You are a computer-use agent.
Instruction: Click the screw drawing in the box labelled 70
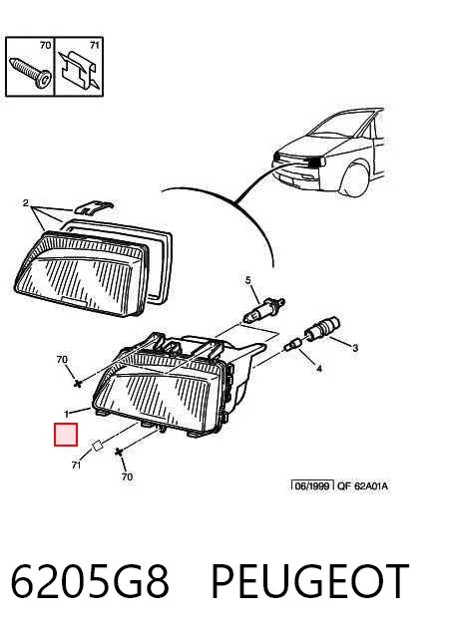[x=31, y=72]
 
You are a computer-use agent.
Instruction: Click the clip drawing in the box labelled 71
[x=80, y=69]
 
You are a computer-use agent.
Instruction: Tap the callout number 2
[x=26, y=203]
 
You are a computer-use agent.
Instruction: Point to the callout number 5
[x=248, y=280]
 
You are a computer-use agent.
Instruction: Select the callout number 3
[x=355, y=348]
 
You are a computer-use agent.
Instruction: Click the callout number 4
[x=319, y=369]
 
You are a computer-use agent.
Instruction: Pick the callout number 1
[x=67, y=414]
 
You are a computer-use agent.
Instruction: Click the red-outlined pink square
[x=66, y=435]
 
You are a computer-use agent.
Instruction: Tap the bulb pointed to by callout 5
[x=263, y=310]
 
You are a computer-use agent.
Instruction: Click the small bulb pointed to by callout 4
[x=292, y=345]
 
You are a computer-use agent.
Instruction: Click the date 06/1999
[x=312, y=485]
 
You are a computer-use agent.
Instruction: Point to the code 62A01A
[x=371, y=485]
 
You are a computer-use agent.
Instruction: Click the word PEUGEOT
[x=309, y=581]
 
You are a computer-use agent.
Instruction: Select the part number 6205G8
[x=89, y=581]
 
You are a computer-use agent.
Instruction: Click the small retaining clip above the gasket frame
[x=93, y=207]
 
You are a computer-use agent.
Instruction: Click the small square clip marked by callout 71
[x=97, y=447]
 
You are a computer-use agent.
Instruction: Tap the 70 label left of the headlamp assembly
[x=62, y=359]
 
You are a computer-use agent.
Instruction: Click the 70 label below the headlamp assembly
[x=127, y=476]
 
